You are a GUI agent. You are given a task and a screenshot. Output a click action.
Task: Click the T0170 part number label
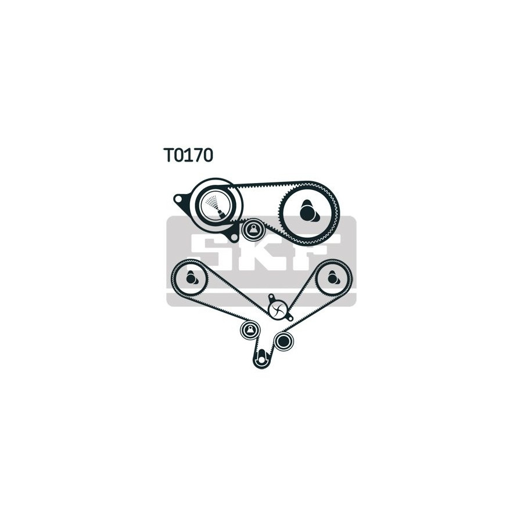click(x=188, y=155)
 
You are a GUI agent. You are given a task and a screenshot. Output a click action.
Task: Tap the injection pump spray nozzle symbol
click(x=215, y=206)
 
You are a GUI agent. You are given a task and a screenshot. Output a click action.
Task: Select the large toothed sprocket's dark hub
click(x=308, y=211)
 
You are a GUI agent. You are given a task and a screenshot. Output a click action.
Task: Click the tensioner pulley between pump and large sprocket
click(x=253, y=230)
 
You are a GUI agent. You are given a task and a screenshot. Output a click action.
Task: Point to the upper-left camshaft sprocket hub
click(x=191, y=278)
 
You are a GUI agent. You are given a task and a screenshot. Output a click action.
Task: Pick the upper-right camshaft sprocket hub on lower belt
click(x=333, y=278)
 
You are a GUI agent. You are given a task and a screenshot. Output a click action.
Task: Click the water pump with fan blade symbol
click(x=278, y=309)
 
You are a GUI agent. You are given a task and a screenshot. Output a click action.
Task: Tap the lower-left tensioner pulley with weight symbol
click(x=250, y=330)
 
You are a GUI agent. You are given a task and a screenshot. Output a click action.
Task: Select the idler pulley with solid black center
click(x=284, y=341)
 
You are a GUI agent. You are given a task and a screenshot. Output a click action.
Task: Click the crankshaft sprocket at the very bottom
click(x=263, y=359)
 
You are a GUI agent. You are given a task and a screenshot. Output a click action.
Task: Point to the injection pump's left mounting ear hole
click(x=179, y=199)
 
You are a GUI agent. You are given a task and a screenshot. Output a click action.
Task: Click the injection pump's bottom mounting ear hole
click(x=234, y=237)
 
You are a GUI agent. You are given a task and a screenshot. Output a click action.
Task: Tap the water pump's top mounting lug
click(x=271, y=296)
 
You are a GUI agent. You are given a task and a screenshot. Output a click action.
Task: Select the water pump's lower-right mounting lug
click(x=290, y=317)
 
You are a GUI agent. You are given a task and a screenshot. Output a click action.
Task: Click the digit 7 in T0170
click(x=198, y=155)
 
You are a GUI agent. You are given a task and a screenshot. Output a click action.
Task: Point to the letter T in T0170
click(x=169, y=155)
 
